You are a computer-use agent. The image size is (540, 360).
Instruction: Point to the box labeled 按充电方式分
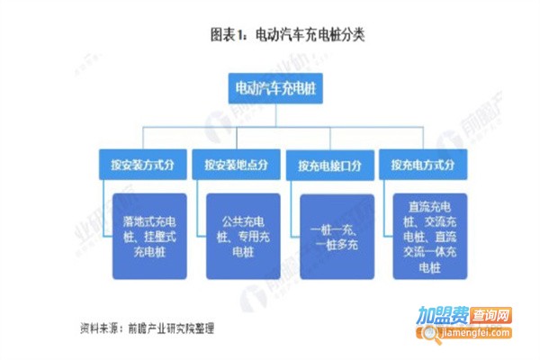point(422,165)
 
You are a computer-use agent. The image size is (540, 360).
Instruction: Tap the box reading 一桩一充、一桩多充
point(336,237)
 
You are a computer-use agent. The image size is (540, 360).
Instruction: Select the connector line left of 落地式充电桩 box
point(103,216)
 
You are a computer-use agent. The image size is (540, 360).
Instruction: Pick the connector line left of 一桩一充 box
point(292,216)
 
